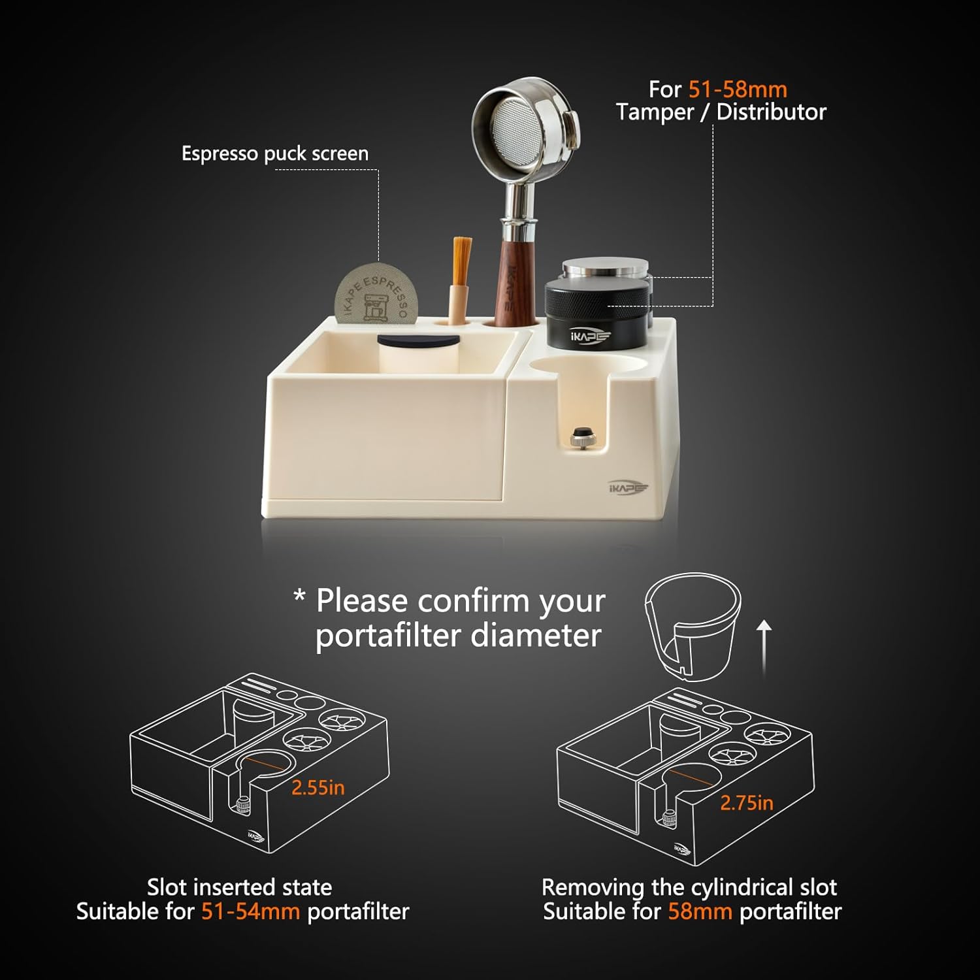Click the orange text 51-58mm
pos(738,90)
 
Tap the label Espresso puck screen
pos(275,154)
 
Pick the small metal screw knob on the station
pos(579,437)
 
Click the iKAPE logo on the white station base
pos(627,487)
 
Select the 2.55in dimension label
pos(318,787)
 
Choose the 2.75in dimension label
pos(746,803)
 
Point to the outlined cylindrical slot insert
pos(693,627)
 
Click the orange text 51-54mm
pos(250,911)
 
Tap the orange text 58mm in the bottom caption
pos(700,911)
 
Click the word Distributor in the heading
pos(771,112)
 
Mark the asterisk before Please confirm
pos(299,596)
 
